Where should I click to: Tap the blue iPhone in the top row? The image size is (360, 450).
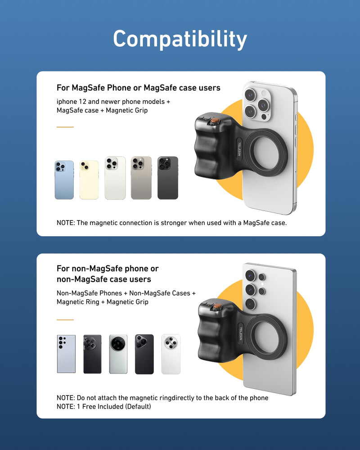pyautogui.click(x=64, y=180)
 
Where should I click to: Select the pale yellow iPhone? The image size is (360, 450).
pyautogui.click(x=89, y=180)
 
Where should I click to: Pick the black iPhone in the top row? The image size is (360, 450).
pyautogui.click(x=167, y=178)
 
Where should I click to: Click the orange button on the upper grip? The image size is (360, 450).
pyautogui.click(x=216, y=121)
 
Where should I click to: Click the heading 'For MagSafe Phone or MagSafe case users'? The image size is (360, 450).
pyautogui.click(x=138, y=88)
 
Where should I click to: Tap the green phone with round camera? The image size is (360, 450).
pyautogui.click(x=118, y=354)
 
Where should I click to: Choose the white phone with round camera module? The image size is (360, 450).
pyautogui.click(x=171, y=354)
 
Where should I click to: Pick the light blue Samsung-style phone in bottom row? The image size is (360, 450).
pyautogui.click(x=66, y=354)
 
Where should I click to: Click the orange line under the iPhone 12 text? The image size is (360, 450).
pyautogui.click(x=65, y=127)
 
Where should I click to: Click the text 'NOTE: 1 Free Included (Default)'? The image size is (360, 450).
pyautogui.click(x=103, y=407)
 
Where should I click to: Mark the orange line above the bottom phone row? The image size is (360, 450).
pyautogui.click(x=65, y=320)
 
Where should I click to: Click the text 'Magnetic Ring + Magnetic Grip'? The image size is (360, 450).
pyautogui.click(x=102, y=302)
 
